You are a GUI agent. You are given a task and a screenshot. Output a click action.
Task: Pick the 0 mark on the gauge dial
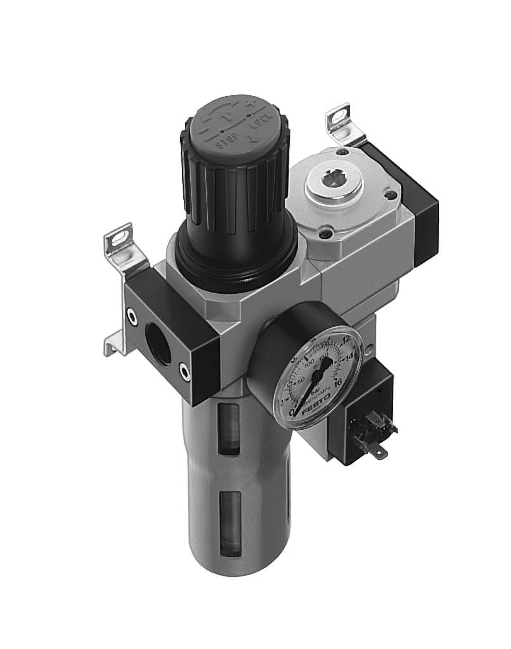292,412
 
